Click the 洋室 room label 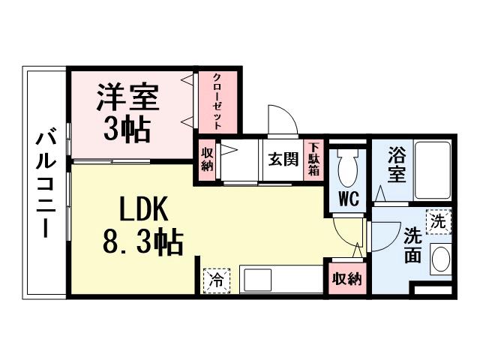pos(127,98)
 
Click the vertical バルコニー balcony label pos(46,184)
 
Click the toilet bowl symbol pos(347,169)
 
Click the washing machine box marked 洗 pos(437,221)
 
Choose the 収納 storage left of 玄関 pos(207,160)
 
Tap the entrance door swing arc pos(278,119)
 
